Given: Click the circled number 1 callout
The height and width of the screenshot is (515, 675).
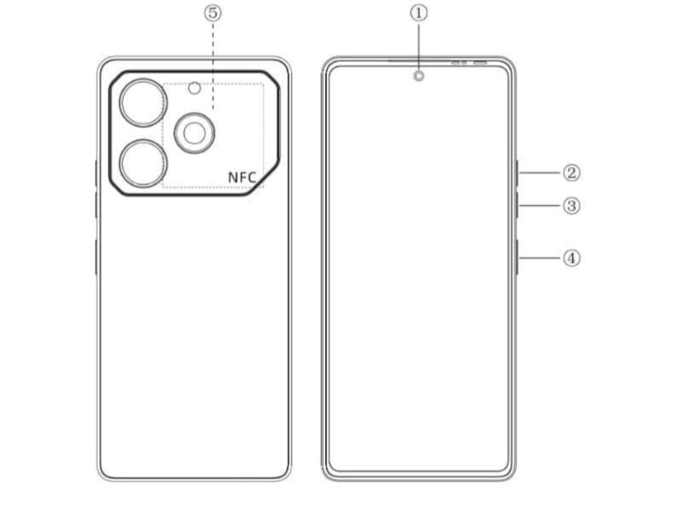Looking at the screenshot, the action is (x=419, y=13).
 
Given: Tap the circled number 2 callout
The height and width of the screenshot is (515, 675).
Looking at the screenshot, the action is (x=572, y=173).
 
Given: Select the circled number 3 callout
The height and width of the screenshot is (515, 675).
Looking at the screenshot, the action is (x=572, y=206).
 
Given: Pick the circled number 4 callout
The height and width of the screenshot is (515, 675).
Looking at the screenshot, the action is (x=572, y=258).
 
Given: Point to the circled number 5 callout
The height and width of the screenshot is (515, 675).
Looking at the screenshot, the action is (x=213, y=13).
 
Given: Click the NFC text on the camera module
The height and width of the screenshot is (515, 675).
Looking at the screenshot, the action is (x=242, y=177).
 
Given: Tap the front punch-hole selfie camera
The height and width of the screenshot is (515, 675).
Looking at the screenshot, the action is (x=419, y=76).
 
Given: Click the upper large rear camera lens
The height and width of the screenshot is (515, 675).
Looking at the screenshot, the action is (x=143, y=103).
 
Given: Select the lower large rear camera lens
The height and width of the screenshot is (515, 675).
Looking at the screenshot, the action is (x=143, y=164).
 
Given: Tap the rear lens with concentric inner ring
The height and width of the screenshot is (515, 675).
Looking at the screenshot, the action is (x=194, y=133).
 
